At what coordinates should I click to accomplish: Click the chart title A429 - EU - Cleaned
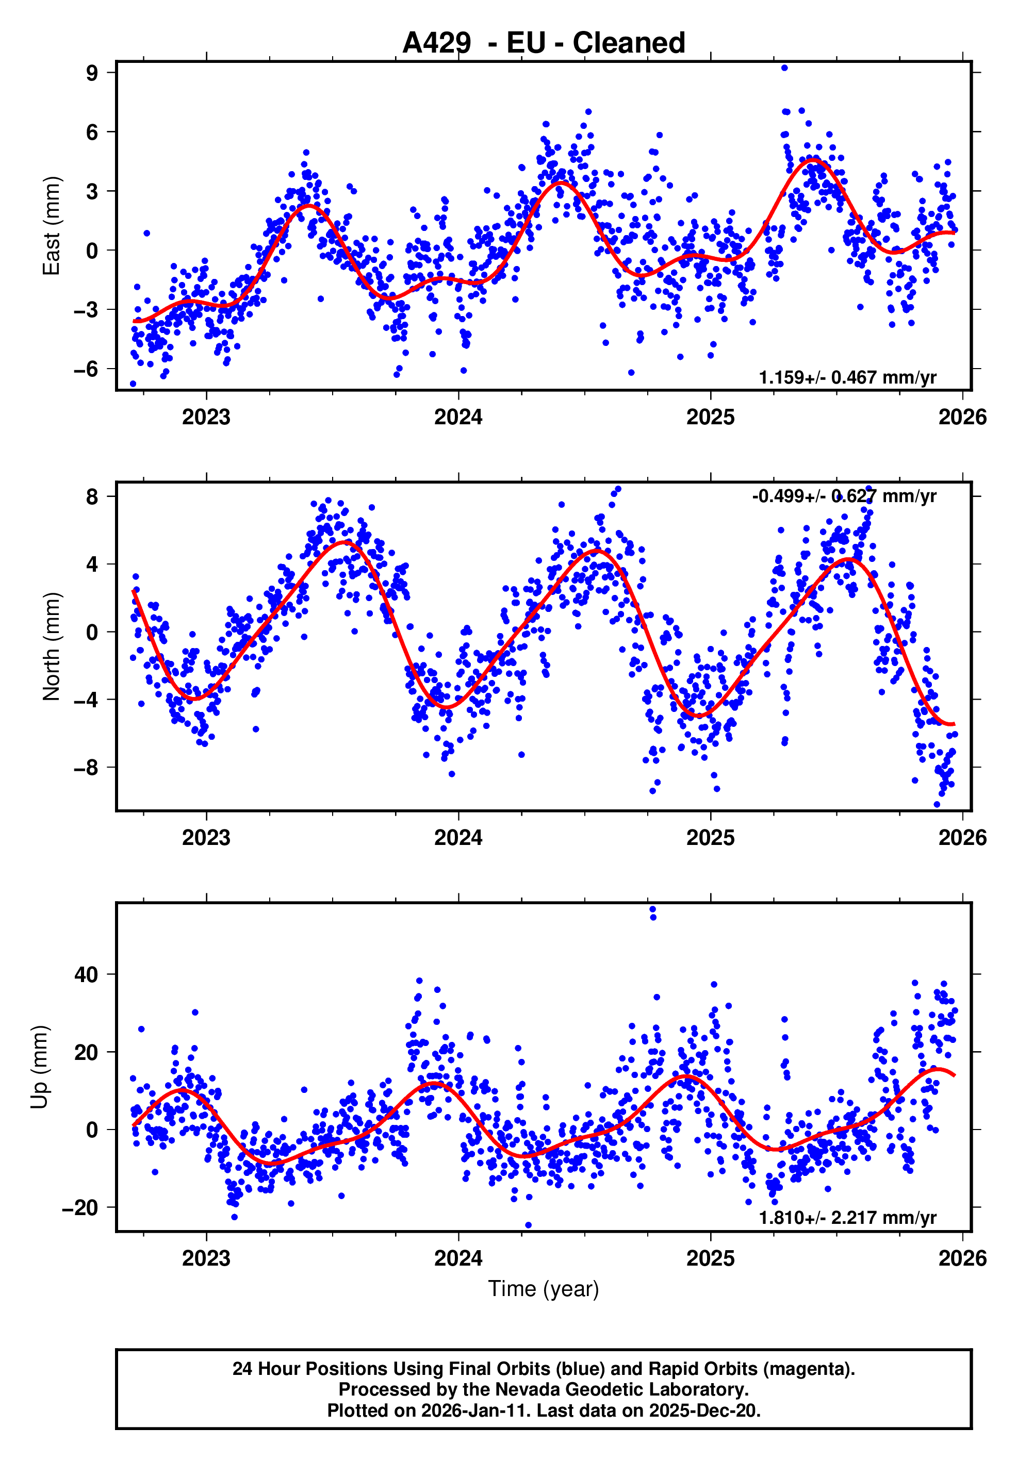[x=544, y=43]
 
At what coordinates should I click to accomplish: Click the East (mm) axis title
[x=52, y=226]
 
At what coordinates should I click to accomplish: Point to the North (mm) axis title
[x=52, y=646]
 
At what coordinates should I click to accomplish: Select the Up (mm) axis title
[x=40, y=1067]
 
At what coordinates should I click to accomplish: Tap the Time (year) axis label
[x=544, y=1288]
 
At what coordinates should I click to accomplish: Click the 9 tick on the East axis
[x=92, y=73]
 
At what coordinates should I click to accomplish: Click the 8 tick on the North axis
[x=92, y=496]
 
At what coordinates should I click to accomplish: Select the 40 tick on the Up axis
[x=86, y=974]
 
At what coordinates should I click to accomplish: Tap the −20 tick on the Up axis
[x=79, y=1208]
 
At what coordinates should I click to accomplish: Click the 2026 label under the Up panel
[x=962, y=1258]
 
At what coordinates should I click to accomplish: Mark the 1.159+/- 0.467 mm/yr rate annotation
[x=847, y=377]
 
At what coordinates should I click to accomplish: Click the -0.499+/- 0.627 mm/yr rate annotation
[x=844, y=496]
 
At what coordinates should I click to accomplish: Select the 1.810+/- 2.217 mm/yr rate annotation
[x=847, y=1218]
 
